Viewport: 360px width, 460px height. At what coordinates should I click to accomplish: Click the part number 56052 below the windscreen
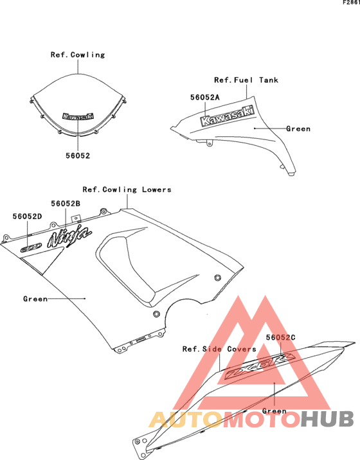(78, 155)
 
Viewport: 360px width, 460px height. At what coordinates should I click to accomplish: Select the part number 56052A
(205, 98)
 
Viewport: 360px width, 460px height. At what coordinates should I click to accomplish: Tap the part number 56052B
(66, 204)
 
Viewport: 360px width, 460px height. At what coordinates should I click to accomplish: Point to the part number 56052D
(27, 217)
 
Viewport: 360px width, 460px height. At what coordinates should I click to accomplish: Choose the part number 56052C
(281, 337)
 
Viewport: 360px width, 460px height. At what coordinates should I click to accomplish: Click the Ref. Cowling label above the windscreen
(78, 55)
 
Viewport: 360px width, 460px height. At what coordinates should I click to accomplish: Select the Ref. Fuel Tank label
(246, 80)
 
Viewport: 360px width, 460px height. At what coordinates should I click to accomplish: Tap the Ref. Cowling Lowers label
(127, 190)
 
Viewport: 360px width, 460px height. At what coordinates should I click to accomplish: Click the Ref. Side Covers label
(219, 349)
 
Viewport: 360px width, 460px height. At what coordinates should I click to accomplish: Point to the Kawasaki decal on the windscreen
(78, 116)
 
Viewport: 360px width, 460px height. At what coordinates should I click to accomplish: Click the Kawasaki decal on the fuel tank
(227, 116)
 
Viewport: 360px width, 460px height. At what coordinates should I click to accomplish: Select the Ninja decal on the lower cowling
(69, 236)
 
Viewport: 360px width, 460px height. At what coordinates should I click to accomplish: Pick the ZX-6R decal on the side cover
(259, 366)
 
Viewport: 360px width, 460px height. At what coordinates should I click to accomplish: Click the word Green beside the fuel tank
(298, 128)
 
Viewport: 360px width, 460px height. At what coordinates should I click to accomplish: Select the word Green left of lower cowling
(35, 299)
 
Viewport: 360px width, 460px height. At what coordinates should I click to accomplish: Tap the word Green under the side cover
(274, 411)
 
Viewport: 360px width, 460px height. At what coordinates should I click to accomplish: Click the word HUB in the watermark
(328, 419)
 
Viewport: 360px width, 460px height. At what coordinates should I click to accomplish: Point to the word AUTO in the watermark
(186, 420)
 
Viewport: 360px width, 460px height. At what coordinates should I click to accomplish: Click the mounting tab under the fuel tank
(209, 143)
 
